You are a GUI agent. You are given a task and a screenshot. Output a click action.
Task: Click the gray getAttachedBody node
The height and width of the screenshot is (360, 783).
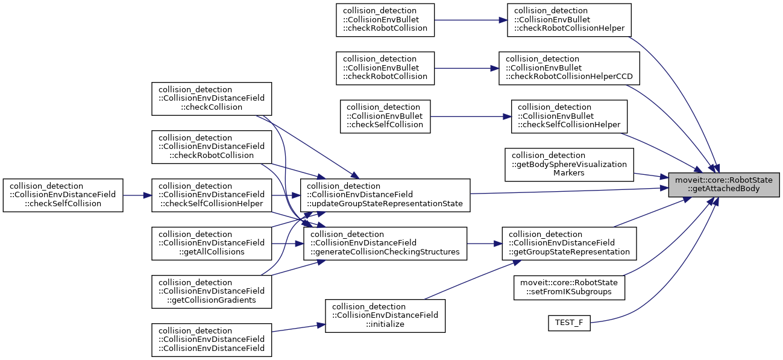pos(723,184)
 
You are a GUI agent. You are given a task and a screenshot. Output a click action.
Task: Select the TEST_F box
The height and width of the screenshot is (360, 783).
pos(568,323)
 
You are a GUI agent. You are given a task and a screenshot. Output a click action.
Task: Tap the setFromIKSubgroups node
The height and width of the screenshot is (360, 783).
pos(568,287)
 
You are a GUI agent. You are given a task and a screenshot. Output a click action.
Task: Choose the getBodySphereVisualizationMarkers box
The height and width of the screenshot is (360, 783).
pos(569,164)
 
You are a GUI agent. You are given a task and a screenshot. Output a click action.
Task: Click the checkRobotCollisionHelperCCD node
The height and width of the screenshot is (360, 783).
pos(568,68)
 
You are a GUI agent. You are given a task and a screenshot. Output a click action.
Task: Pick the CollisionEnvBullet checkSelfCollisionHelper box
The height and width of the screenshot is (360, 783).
pos(569,116)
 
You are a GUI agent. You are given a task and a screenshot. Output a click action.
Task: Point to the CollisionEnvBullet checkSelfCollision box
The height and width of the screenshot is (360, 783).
pos(385,116)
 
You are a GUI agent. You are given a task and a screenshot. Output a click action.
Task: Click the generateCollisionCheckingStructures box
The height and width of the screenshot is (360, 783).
pos(385,243)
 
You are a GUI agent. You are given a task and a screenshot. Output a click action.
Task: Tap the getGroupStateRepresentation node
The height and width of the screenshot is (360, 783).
pos(569,243)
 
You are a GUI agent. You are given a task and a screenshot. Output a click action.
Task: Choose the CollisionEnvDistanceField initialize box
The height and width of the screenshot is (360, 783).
pos(385,315)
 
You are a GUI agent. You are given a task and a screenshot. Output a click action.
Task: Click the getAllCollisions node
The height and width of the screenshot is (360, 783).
pos(212,243)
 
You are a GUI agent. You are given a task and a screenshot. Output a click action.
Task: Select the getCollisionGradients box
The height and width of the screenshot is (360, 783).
pos(212,291)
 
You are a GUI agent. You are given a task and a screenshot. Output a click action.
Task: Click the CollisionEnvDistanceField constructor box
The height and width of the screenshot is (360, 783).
pos(212,339)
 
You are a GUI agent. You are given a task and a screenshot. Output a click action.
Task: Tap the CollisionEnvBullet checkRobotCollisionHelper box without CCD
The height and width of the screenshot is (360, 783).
pos(569,20)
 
